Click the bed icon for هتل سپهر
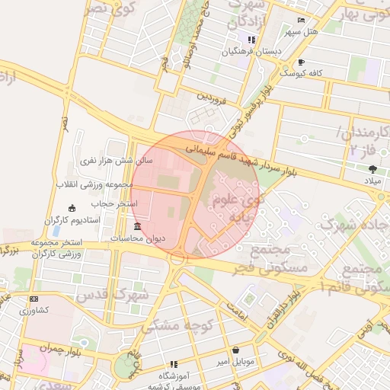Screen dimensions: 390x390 pos(302,20)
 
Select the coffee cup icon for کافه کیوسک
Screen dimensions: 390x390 pos(302,62)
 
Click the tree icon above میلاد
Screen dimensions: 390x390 pos(372,168)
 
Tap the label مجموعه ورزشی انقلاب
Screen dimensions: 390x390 pos(85,184)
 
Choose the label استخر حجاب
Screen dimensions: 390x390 pos(112,204)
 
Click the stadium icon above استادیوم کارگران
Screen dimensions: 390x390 pos(72,208)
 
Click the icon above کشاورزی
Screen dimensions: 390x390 pos(33,299)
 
